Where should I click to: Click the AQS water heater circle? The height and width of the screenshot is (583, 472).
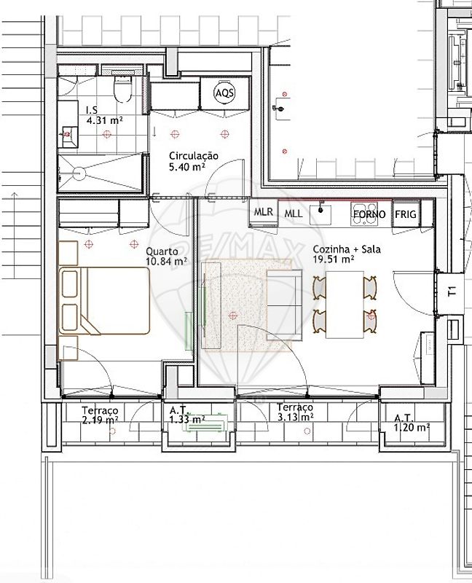(225, 93)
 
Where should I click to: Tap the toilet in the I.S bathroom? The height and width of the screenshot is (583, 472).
(122, 89)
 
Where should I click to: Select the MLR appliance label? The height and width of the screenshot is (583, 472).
(264, 212)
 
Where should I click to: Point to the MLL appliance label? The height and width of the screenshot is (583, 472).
(294, 214)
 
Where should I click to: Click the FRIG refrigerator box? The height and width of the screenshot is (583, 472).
(406, 214)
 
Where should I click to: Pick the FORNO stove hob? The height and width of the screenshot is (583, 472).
(364, 214)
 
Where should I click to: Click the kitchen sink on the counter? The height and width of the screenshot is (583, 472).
(320, 212)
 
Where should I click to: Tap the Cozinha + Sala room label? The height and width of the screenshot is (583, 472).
(347, 249)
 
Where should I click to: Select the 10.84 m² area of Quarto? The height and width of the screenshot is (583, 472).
(166, 262)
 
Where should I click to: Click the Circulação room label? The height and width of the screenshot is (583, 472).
(194, 156)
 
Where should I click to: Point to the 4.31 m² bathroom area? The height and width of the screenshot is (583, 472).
(104, 120)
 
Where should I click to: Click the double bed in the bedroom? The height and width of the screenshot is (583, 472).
(104, 300)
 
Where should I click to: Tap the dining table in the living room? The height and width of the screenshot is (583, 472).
(345, 305)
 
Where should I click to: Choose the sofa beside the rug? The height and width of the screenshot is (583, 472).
(284, 305)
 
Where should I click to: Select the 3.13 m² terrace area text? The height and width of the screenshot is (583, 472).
(296, 417)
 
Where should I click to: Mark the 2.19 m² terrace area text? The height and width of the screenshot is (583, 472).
(101, 420)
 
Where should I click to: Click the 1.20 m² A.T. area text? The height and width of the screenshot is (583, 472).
(412, 428)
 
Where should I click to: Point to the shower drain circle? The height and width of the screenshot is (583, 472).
(79, 173)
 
